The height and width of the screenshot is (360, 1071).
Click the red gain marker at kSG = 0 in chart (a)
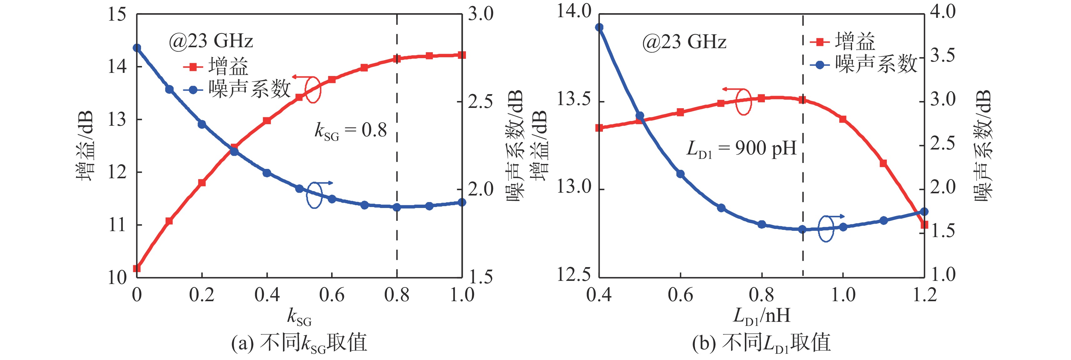(137, 269)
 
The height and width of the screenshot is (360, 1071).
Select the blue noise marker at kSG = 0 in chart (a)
(137, 48)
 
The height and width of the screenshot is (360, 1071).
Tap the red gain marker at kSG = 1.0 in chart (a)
(462, 55)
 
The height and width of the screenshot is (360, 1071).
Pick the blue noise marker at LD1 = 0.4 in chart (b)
(599, 28)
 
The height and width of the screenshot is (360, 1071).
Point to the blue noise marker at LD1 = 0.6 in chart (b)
(680, 174)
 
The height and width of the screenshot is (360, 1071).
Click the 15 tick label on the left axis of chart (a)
(117, 15)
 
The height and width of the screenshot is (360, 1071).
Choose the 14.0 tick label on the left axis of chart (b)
(574, 12)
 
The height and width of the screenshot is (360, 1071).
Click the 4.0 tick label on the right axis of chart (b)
(943, 12)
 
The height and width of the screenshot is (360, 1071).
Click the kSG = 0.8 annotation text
(351, 131)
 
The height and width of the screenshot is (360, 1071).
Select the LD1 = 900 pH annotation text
(741, 148)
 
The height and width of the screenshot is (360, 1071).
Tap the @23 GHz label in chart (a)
(211, 41)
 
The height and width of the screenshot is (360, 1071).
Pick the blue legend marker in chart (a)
(193, 90)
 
